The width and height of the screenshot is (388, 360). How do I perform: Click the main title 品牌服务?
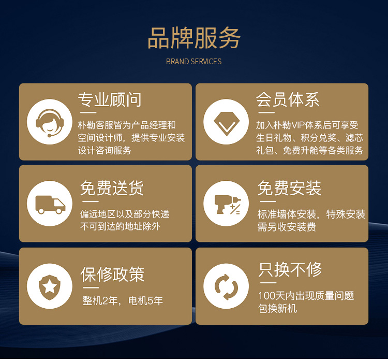pyautogui.click(x=194, y=38)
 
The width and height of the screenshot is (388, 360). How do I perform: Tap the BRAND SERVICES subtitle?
pyautogui.click(x=194, y=62)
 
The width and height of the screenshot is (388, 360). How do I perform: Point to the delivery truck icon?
pyautogui.click(x=50, y=205)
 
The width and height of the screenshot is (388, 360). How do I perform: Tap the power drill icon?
pyautogui.click(x=227, y=204)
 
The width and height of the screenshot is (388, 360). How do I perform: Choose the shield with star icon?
pyautogui.click(x=50, y=287)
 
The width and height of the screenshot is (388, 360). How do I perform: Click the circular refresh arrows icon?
pyautogui.click(x=226, y=286)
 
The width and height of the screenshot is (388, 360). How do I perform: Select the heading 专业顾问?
pyautogui.click(x=110, y=99)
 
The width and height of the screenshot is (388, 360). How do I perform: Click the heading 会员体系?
pyautogui.click(x=288, y=99)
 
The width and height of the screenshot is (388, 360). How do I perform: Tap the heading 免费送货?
pyautogui.click(x=112, y=188)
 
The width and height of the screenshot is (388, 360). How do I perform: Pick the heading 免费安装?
pyautogui.click(x=289, y=188)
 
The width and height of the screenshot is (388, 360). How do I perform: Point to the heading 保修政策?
pyautogui.click(x=113, y=274)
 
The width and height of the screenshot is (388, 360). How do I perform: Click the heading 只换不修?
pyautogui.click(x=290, y=269)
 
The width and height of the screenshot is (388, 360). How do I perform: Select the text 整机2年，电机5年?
pyautogui.click(x=123, y=301)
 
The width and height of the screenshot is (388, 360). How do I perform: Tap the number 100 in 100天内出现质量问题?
pyautogui.click(x=267, y=296)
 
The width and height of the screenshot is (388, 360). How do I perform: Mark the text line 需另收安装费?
pyautogui.click(x=287, y=227)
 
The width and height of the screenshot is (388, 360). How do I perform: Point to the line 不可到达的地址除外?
pyautogui.click(x=120, y=226)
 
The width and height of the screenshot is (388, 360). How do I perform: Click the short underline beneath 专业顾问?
pyautogui.click(x=88, y=113)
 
